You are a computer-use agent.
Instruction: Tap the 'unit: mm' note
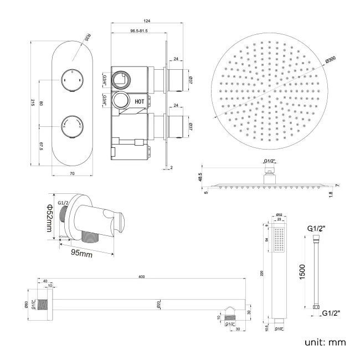click(325, 342)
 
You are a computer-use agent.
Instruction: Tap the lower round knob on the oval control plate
click(71, 123)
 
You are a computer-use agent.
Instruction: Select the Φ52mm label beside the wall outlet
click(49, 217)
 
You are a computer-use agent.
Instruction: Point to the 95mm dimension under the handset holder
click(81, 254)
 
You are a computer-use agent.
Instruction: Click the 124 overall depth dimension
click(146, 22)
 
